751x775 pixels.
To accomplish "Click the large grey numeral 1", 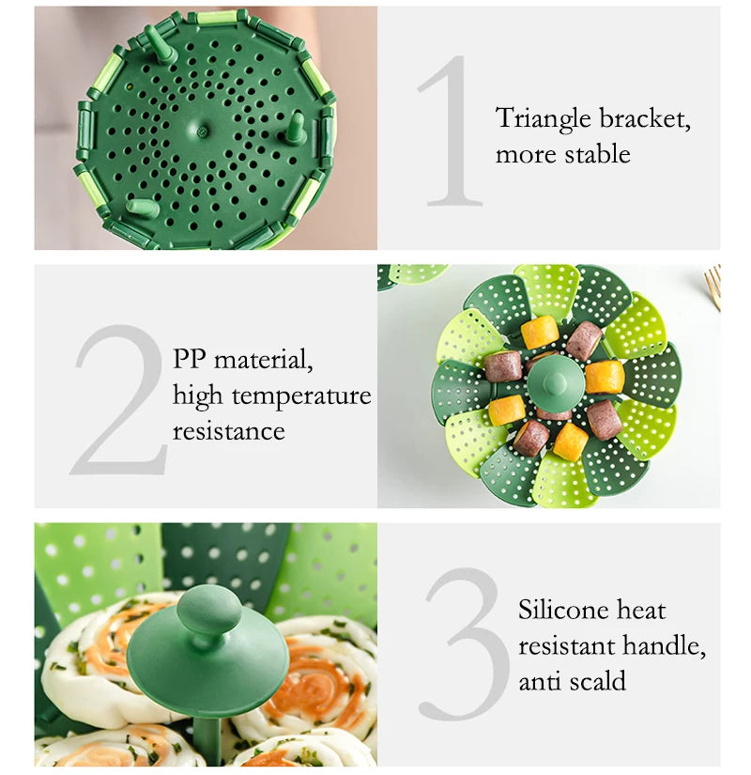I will pos(451,132).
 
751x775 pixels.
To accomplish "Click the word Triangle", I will pos(544,119).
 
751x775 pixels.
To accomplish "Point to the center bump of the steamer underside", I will pos(206,132).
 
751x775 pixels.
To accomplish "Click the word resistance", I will pos(228,431).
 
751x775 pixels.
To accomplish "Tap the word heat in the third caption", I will pos(643,610).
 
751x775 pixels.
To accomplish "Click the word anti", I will pos(540,680).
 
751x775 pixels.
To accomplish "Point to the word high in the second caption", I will pos(197,396).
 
